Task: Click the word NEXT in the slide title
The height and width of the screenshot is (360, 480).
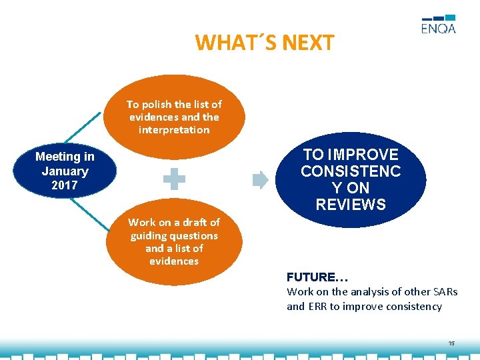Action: [x=308, y=43]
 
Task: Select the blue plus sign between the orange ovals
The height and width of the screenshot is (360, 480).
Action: [x=175, y=179]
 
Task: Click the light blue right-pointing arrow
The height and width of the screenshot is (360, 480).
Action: [x=261, y=179]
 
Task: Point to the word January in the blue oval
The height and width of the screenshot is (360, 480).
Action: [x=65, y=171]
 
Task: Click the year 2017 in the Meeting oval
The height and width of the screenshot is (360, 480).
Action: [x=65, y=185]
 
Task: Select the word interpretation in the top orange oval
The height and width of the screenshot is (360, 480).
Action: [x=174, y=129]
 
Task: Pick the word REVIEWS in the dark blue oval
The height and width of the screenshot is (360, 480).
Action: [x=351, y=205]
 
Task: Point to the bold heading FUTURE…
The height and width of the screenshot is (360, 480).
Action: [x=317, y=277]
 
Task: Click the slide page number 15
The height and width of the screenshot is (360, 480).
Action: [x=451, y=343]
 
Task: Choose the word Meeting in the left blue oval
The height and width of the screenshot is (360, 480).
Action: [x=65, y=157]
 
